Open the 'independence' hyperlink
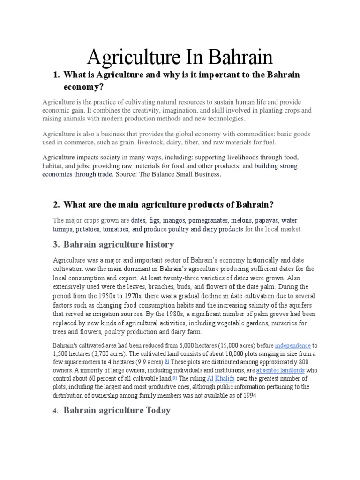coord(292,345)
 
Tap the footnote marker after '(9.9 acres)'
coord(166,361)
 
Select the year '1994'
coord(249,395)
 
